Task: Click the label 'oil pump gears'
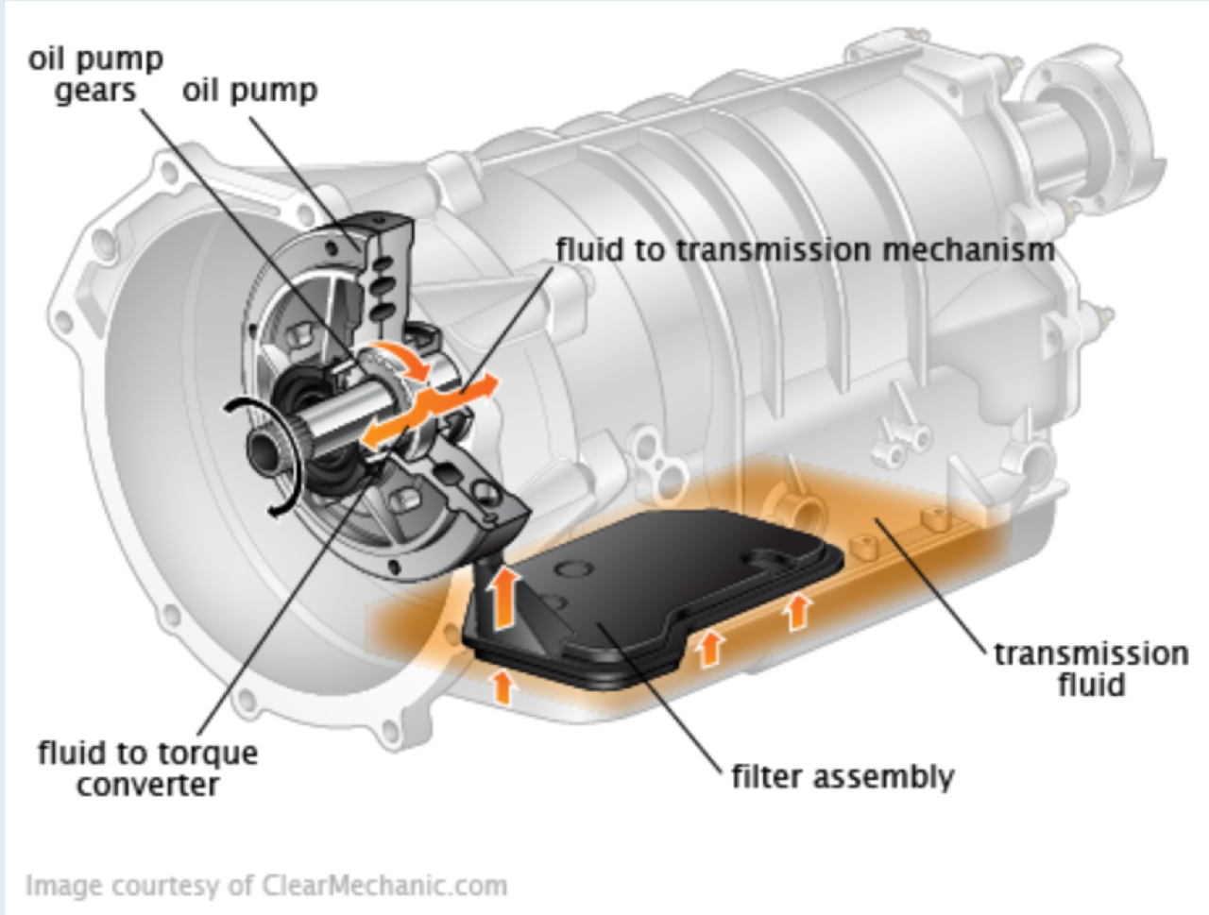click(95, 75)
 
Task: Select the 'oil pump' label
click(249, 91)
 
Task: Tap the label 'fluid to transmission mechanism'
click(805, 250)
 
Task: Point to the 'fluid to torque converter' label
click(147, 768)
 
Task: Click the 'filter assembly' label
click(843, 776)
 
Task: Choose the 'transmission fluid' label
click(1091, 668)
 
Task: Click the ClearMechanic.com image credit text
click(265, 886)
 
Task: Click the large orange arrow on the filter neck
click(504, 598)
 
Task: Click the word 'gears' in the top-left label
click(95, 91)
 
